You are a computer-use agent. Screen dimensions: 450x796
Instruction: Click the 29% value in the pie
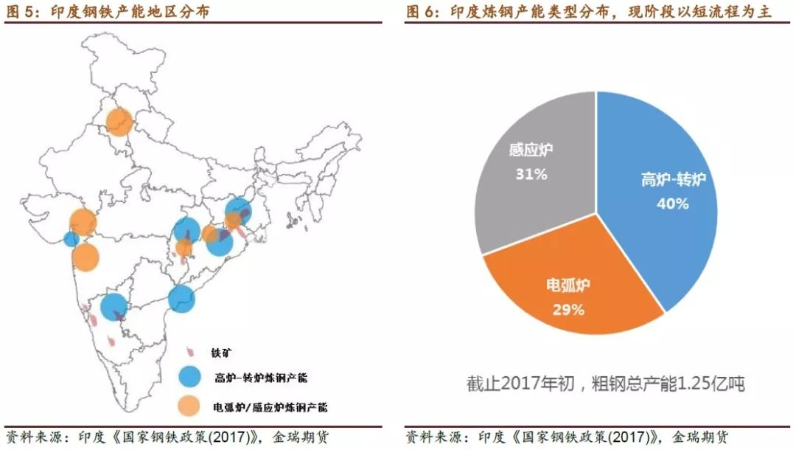[568, 310]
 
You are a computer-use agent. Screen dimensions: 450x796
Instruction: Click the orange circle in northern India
[119, 122]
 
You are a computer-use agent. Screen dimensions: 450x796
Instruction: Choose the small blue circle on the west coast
[71, 239]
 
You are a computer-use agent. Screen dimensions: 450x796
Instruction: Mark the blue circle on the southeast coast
[181, 299]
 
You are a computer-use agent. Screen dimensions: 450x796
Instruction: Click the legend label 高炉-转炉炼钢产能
[261, 378]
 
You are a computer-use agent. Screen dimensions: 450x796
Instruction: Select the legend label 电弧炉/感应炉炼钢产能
[270, 406]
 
